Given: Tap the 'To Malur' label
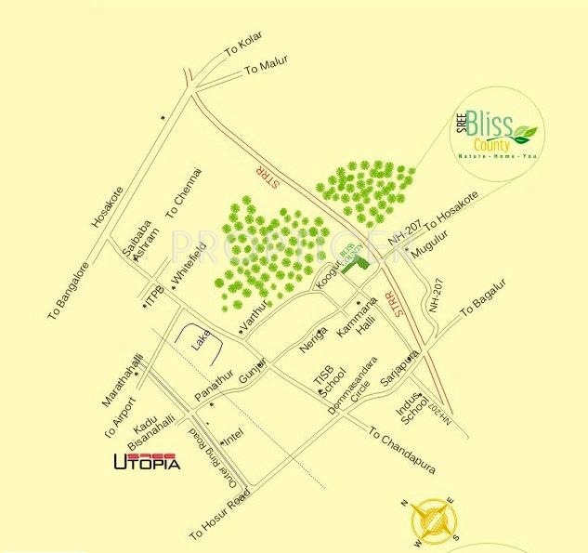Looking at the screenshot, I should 267,66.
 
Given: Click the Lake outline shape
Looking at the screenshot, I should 206,342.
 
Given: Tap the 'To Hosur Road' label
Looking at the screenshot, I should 220,517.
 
